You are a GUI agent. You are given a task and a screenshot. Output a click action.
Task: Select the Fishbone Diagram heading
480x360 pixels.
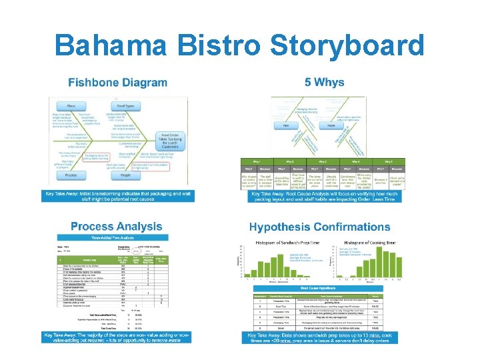click(x=117, y=83)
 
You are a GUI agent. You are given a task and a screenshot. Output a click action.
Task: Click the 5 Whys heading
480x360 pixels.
click(x=324, y=83)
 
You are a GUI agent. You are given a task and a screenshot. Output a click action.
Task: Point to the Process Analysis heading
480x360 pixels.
click(x=116, y=227)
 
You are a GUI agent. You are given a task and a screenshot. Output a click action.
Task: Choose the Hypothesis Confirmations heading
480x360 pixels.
click(x=320, y=227)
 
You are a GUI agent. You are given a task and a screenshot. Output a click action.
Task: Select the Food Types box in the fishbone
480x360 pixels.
click(x=125, y=105)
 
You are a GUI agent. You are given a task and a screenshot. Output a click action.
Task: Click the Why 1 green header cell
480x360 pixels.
click(x=257, y=161)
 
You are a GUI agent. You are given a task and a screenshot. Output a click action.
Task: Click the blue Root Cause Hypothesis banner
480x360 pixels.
click(x=323, y=287)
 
